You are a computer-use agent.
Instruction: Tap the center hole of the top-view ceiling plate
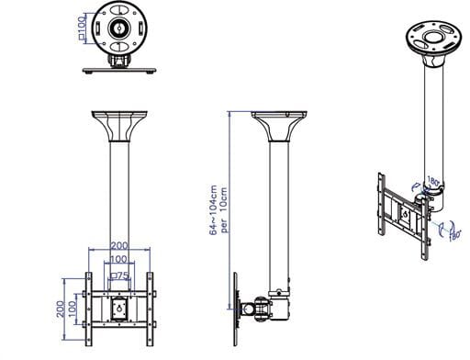[119, 28]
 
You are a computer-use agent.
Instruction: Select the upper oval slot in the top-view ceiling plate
[119, 11]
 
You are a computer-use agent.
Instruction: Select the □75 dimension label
[119, 274]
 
